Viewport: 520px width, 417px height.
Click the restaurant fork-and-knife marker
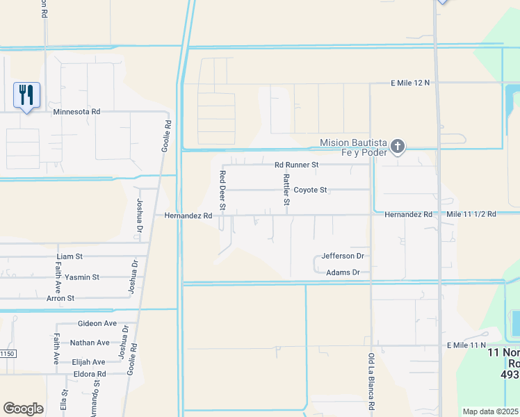coord(26,95)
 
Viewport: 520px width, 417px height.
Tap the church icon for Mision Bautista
coord(398,146)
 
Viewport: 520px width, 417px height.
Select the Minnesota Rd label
coord(76,111)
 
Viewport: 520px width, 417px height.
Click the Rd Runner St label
coord(296,165)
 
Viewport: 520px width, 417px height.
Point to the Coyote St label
coord(310,190)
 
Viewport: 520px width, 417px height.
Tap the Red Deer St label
coord(223,190)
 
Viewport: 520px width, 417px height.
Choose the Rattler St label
coord(286,190)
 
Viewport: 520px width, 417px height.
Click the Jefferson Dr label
coord(343,256)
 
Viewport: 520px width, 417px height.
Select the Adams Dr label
coord(343,272)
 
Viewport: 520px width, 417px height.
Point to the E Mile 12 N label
coord(410,83)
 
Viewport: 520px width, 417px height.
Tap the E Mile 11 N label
coord(466,345)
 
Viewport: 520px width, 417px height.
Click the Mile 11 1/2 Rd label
coord(471,215)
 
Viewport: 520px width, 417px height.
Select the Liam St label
coord(70,256)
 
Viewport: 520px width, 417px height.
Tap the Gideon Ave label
coord(97,324)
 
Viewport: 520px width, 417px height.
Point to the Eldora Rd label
coord(90,374)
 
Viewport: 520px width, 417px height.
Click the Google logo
coord(23,409)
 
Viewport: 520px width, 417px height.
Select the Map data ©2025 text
coord(490,411)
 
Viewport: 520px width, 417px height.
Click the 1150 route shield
coord(7,354)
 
